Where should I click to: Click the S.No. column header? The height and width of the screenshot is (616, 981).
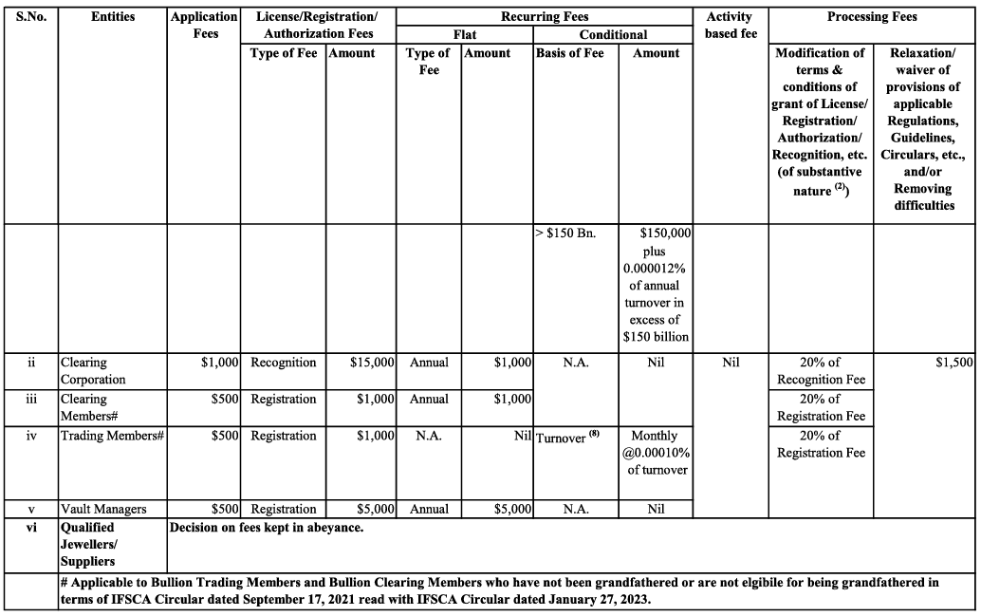point(31,17)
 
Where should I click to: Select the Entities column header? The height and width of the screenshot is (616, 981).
point(113,17)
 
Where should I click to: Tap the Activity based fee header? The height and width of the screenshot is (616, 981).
point(730,25)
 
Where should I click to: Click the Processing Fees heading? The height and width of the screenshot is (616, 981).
point(872,17)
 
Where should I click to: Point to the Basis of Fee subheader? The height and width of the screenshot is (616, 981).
point(570,53)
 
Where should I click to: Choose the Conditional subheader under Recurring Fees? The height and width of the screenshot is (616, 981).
point(613,35)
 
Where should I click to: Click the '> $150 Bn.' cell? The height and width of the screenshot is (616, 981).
point(566,233)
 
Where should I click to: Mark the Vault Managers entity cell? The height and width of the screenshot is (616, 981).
point(103,509)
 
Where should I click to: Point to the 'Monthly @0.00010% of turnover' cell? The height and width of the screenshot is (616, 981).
point(656,452)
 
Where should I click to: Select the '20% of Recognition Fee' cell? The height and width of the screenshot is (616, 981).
point(821,370)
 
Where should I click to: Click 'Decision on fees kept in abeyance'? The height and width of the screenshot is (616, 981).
point(266,528)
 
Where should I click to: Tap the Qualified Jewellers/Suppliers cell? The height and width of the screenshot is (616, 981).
point(90,544)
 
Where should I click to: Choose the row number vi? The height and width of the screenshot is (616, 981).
point(31,528)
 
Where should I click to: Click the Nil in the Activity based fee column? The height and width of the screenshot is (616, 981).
point(730,363)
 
